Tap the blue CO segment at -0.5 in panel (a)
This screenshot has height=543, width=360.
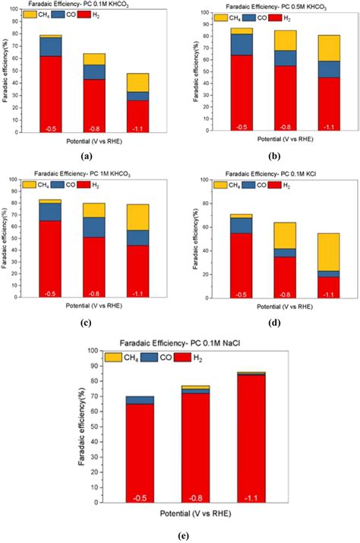[x=51, y=46]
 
